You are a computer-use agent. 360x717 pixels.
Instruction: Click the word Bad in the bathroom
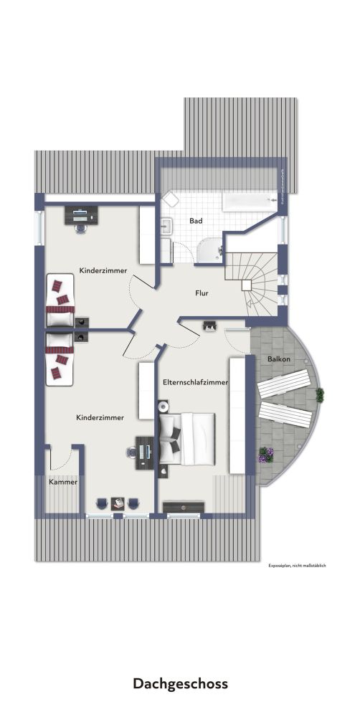tap(195, 221)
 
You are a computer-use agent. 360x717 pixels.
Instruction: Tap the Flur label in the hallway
tap(202, 293)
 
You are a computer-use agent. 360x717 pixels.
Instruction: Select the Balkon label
tap(279, 357)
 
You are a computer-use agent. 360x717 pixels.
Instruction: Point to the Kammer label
tap(62, 482)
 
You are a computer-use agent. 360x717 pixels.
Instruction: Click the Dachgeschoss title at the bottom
tap(179, 683)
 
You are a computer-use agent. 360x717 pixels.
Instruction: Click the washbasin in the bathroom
tap(166, 227)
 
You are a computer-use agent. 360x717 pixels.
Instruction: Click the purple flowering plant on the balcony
tap(266, 454)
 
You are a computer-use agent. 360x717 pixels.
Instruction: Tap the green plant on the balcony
tap(319, 394)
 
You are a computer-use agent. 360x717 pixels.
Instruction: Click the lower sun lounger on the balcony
tap(286, 414)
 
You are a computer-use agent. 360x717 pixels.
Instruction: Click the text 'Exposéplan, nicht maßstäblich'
tap(297, 566)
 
